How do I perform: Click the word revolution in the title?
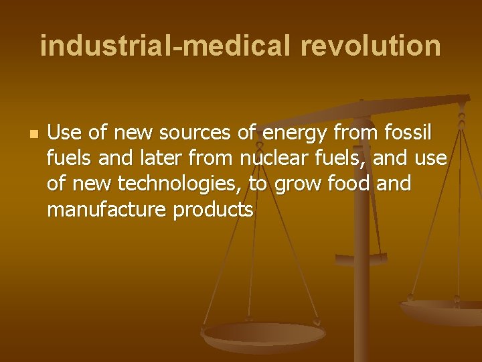tap(371, 46)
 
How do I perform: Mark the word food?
tap(347, 184)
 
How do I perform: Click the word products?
tap(213, 210)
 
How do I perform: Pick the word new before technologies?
tap(92, 184)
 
